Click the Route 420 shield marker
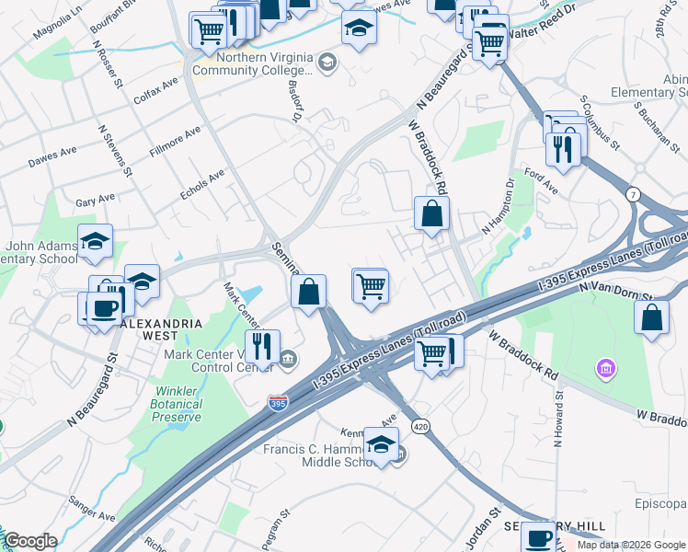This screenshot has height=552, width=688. click(420, 427)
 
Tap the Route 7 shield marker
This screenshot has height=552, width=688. click(634, 194)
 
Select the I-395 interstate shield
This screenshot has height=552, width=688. click(277, 403)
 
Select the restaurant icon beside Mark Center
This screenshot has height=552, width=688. click(263, 346)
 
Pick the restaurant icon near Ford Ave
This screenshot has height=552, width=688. click(562, 147)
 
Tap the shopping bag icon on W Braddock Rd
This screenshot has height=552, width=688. click(430, 213)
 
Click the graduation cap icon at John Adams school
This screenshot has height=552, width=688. click(95, 241)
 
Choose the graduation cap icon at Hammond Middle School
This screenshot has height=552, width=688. click(381, 444)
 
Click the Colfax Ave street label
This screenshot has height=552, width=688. click(156, 86)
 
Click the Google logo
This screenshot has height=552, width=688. click(29, 541)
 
